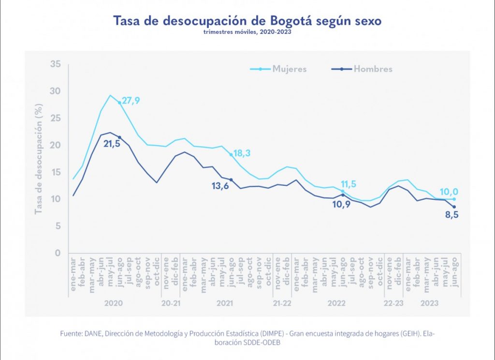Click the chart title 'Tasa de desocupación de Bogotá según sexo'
click(x=247, y=21)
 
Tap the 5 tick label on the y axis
click(x=58, y=226)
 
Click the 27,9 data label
click(x=131, y=101)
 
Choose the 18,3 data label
click(x=242, y=154)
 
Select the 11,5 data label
click(x=351, y=184)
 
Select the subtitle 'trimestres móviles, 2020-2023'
click(x=247, y=32)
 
